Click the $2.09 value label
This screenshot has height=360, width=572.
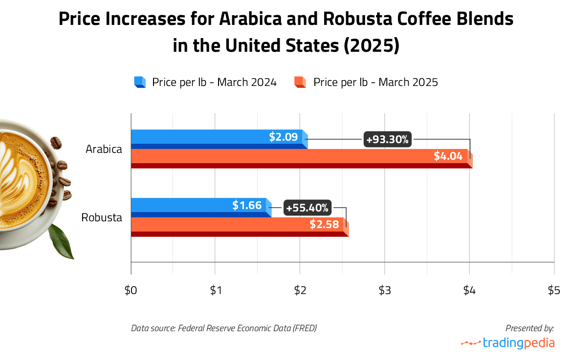point(283,137)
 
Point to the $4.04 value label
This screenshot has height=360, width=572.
point(448,156)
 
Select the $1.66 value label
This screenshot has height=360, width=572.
point(247,205)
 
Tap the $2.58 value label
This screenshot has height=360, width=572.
point(324,225)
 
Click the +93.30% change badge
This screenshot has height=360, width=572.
point(387,140)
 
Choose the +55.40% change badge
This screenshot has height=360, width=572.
point(307,208)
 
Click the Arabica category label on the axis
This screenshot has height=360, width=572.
point(104,149)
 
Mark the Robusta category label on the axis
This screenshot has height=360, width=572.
point(102,217)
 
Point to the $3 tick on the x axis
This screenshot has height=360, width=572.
point(385,291)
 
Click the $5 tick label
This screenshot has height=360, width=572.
point(553,291)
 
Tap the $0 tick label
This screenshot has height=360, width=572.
point(131,291)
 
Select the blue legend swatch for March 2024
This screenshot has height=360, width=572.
point(140,82)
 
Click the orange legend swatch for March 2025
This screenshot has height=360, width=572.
point(300,82)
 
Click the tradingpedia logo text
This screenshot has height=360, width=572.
point(518,343)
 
